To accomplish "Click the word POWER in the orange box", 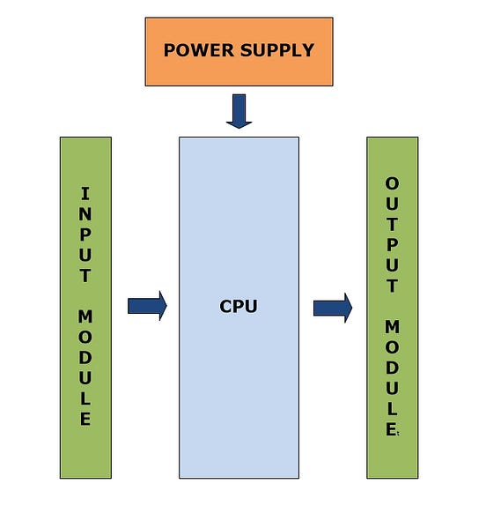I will coord(192,50).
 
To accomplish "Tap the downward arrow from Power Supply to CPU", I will coord(239,111).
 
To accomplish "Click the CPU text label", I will coord(238,307).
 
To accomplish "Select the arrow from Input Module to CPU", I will coord(147,306).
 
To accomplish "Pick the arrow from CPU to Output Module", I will coord(333,308).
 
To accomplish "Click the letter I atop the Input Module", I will coord(85,194).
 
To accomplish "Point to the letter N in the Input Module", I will coord(85,214).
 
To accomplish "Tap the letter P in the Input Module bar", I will coord(85,234).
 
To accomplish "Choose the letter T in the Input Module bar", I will coord(85,275).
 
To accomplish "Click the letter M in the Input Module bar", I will coord(85,316).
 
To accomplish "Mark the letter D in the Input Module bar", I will coord(85,357).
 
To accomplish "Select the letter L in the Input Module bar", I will coord(85,398).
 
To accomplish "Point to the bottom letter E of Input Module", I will coord(85,418).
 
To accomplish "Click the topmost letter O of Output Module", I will coord(392,183).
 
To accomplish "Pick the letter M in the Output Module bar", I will coord(392,327).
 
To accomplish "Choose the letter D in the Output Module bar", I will coord(392,368).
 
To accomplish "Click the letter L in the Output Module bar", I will coord(392,408).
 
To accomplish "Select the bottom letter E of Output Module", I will coord(392,429).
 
